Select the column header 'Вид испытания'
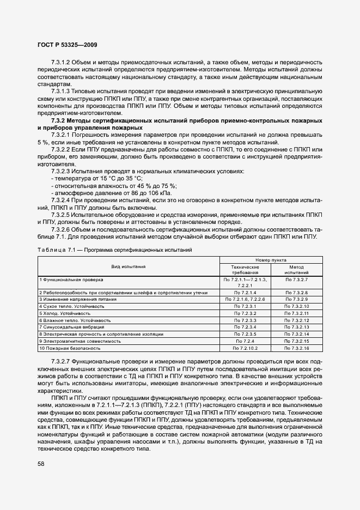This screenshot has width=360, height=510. [x=128, y=267]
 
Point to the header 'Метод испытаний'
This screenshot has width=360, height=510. [x=296, y=270]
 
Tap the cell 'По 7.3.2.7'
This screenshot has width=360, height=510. [x=297, y=280]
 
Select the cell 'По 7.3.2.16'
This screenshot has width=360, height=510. [x=297, y=348]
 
